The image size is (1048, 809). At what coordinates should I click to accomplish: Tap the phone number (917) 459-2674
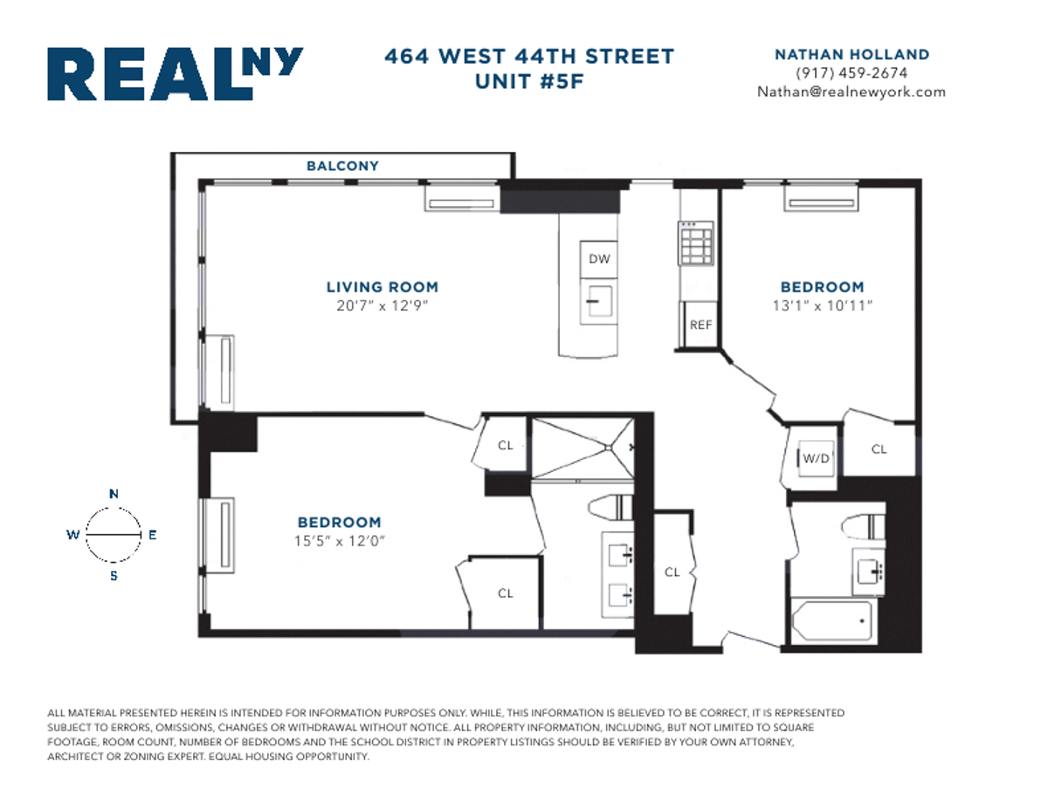851,73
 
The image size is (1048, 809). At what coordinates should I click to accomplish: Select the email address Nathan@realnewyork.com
851,92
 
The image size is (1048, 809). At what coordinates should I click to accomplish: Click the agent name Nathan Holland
851,54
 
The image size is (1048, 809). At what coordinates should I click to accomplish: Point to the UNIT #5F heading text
529,81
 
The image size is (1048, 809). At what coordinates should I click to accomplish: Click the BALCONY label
342,166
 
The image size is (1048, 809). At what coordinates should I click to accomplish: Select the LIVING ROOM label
382,287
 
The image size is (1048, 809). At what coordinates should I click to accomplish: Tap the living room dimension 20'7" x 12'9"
382,305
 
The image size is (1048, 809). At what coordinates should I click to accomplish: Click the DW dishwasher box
598,259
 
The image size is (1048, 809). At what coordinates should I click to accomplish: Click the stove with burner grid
697,243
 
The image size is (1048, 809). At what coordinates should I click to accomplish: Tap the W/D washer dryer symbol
816,456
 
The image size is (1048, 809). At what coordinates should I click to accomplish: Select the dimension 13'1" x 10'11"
822,305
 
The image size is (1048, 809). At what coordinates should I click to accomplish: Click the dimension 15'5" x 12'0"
339,540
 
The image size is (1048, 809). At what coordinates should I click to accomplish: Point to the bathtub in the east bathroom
830,621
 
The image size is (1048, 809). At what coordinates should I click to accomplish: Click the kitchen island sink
598,302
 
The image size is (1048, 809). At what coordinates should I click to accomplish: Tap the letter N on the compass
114,494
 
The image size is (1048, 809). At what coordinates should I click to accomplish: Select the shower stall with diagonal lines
583,447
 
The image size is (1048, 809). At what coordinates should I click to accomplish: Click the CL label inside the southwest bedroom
505,593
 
